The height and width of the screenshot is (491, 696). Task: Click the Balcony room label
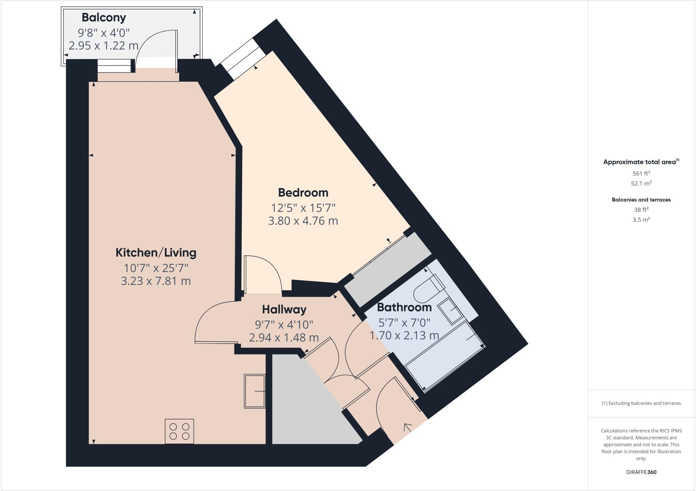click(104, 17)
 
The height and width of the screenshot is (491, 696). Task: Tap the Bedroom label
click(303, 193)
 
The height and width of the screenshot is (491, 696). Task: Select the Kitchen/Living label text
click(156, 253)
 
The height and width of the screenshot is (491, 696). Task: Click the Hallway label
click(284, 309)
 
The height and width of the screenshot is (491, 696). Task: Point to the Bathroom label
click(404, 307)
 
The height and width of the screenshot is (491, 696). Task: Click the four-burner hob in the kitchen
click(179, 432)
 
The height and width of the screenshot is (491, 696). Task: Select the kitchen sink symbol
click(255, 391)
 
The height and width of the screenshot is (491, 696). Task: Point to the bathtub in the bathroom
click(445, 357)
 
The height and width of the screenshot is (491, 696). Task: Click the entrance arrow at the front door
click(407, 428)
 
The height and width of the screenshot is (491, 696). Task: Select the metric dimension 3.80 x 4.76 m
click(303, 221)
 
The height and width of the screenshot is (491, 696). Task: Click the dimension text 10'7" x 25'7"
click(156, 268)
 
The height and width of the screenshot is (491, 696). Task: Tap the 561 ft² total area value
click(641, 174)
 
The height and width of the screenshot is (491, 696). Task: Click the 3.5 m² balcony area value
click(641, 220)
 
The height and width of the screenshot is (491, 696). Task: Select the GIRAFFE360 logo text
click(641, 472)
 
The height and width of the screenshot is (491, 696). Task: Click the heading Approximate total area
click(641, 162)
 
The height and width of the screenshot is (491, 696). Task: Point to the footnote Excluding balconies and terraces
click(641, 403)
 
